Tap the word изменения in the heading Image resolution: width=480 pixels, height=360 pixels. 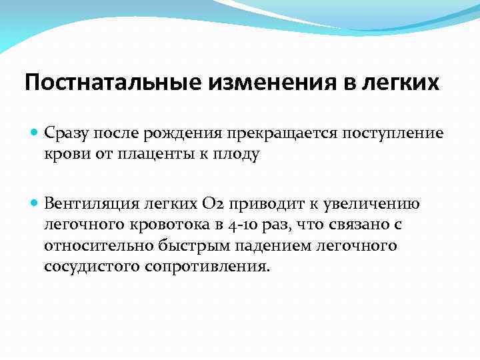click(x=258, y=83)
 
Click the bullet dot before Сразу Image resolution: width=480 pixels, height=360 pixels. click(x=35, y=133)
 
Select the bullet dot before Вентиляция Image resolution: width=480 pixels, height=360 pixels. click(x=35, y=204)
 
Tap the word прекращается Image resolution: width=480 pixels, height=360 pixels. click(x=283, y=133)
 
